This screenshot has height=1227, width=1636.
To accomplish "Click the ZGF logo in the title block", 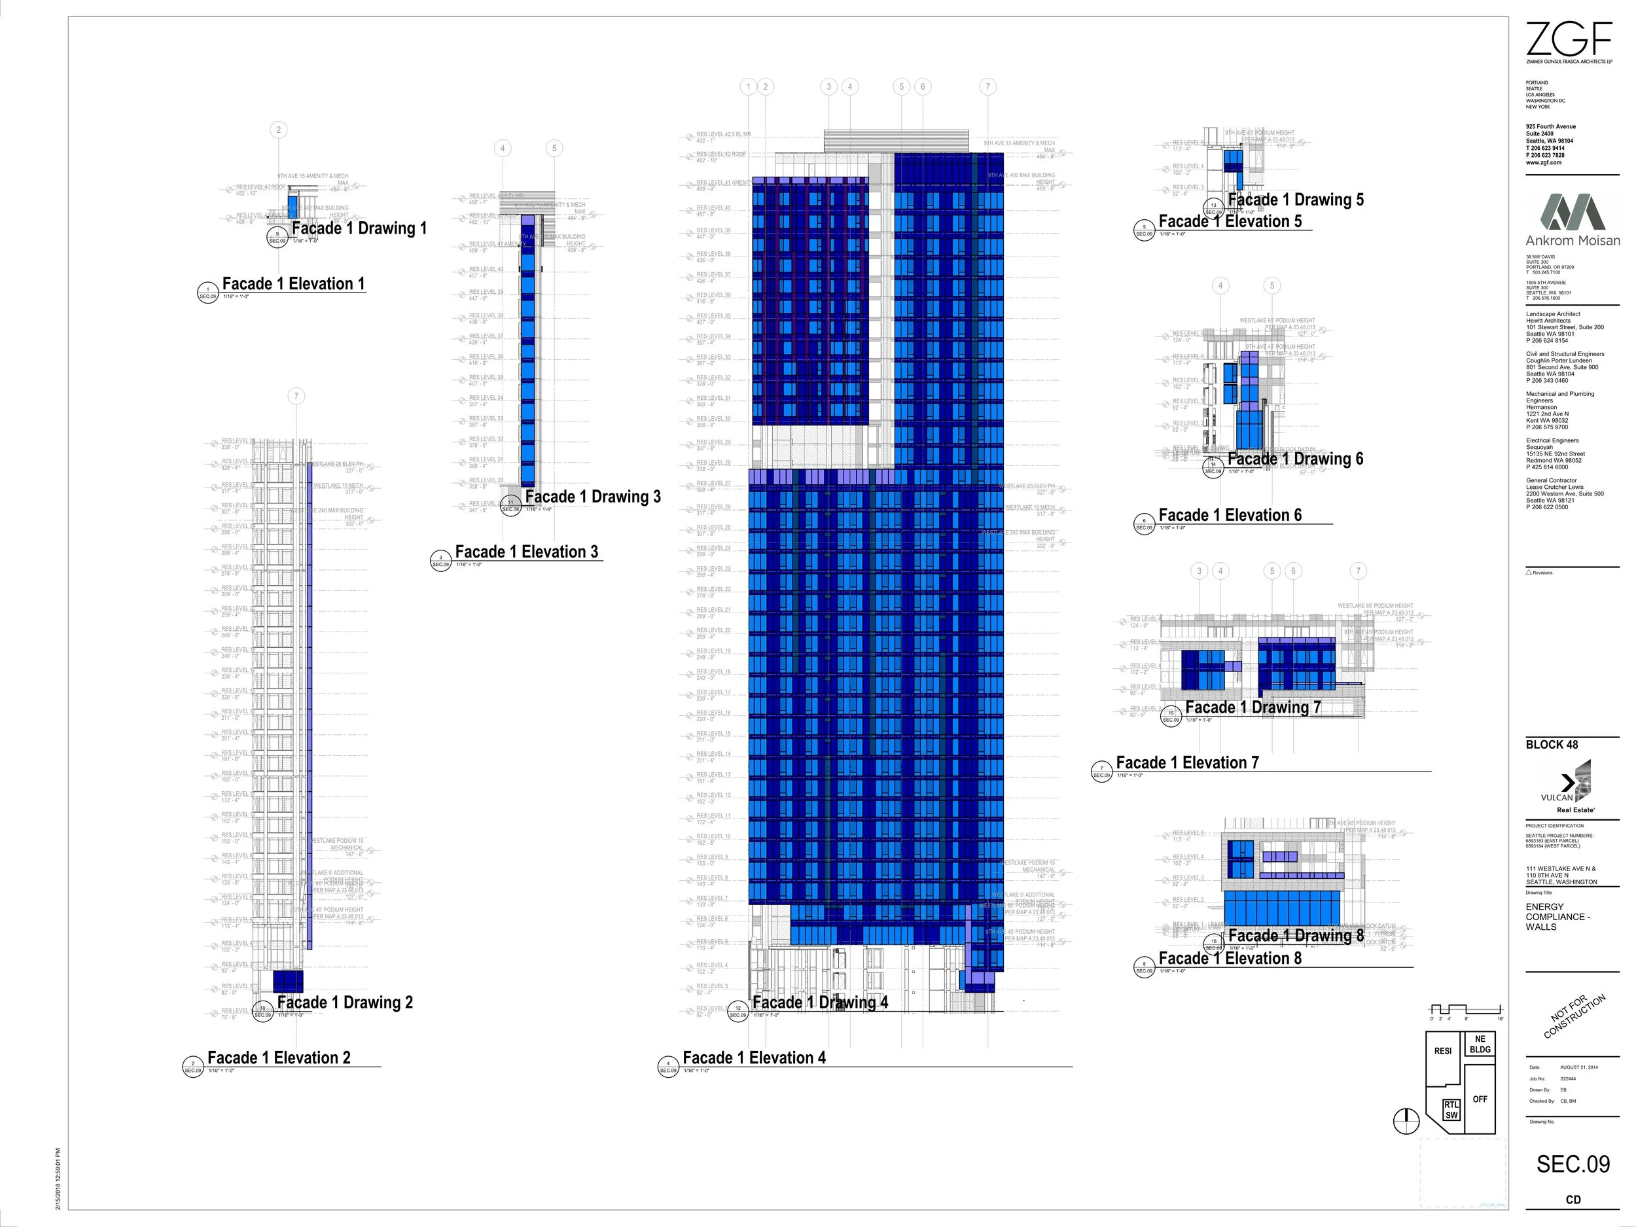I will [x=1568, y=39].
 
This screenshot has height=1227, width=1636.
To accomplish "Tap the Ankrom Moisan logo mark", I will [x=1572, y=212].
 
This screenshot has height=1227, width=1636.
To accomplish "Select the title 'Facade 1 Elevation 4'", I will [x=754, y=1058].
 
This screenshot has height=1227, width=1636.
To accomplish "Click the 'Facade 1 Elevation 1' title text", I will [x=294, y=284].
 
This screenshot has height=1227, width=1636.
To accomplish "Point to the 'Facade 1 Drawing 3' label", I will [x=592, y=497].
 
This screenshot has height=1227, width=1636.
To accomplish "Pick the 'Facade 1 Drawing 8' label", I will [x=1296, y=936].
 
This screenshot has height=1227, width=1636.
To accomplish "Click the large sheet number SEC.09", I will [x=1573, y=1164].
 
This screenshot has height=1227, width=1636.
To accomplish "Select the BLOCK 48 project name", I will [x=1552, y=745].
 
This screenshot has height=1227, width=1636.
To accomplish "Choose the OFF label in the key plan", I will [x=1479, y=1099].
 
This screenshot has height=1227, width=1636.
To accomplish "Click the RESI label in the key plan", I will [x=1442, y=1051].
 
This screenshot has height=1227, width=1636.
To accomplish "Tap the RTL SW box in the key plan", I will [x=1451, y=1110].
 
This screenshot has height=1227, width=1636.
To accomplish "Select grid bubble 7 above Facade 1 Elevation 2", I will [x=296, y=397].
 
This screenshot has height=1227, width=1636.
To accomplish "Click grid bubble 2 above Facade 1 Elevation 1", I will [x=278, y=130].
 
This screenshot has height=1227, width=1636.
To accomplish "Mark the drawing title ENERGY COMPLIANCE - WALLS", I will [x=1557, y=916].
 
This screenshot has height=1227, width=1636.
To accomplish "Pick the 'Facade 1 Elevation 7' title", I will [x=1187, y=762].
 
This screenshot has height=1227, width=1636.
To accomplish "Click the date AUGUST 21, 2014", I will [x=1578, y=1067].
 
